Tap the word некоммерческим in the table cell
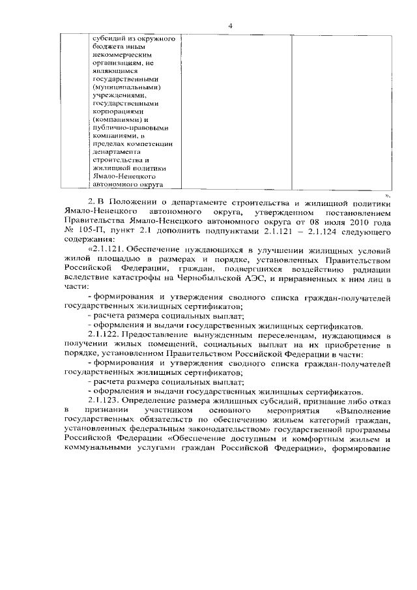coord(124,56)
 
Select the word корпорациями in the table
coord(122,111)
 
